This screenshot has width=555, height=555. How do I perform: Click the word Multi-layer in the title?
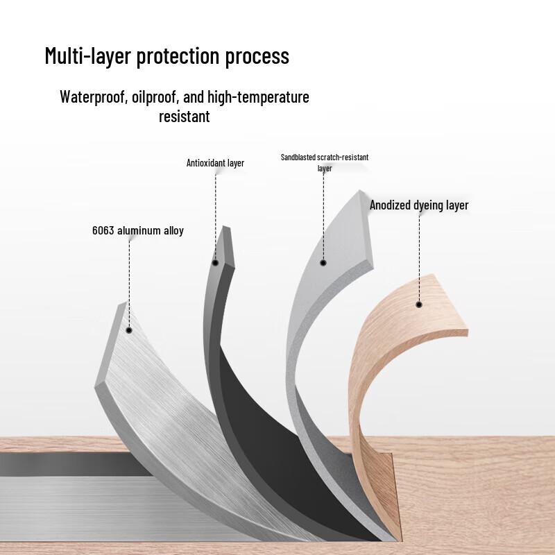point(88,56)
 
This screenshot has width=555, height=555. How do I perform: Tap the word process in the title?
point(257,57)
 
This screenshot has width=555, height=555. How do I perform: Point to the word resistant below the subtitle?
point(184,117)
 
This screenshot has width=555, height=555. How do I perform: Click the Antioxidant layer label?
point(215,163)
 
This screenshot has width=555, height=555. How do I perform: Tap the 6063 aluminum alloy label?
point(138,231)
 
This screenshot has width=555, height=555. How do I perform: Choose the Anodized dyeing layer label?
point(419,205)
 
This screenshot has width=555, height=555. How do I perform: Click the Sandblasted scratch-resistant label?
point(325,157)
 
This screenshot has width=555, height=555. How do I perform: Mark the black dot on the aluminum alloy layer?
point(129,330)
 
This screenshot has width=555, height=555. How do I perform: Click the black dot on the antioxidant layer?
point(215,263)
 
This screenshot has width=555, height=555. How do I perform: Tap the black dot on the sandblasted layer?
point(323,263)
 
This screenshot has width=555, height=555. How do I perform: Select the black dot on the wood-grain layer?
point(419,305)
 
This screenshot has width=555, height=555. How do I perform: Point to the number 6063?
point(103,231)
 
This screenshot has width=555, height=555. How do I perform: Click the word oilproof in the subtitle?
point(155,97)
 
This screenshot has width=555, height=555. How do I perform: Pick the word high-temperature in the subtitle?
point(258,97)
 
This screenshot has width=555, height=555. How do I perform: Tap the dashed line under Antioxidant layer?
point(215,216)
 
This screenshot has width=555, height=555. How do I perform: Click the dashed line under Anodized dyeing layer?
point(419,258)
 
